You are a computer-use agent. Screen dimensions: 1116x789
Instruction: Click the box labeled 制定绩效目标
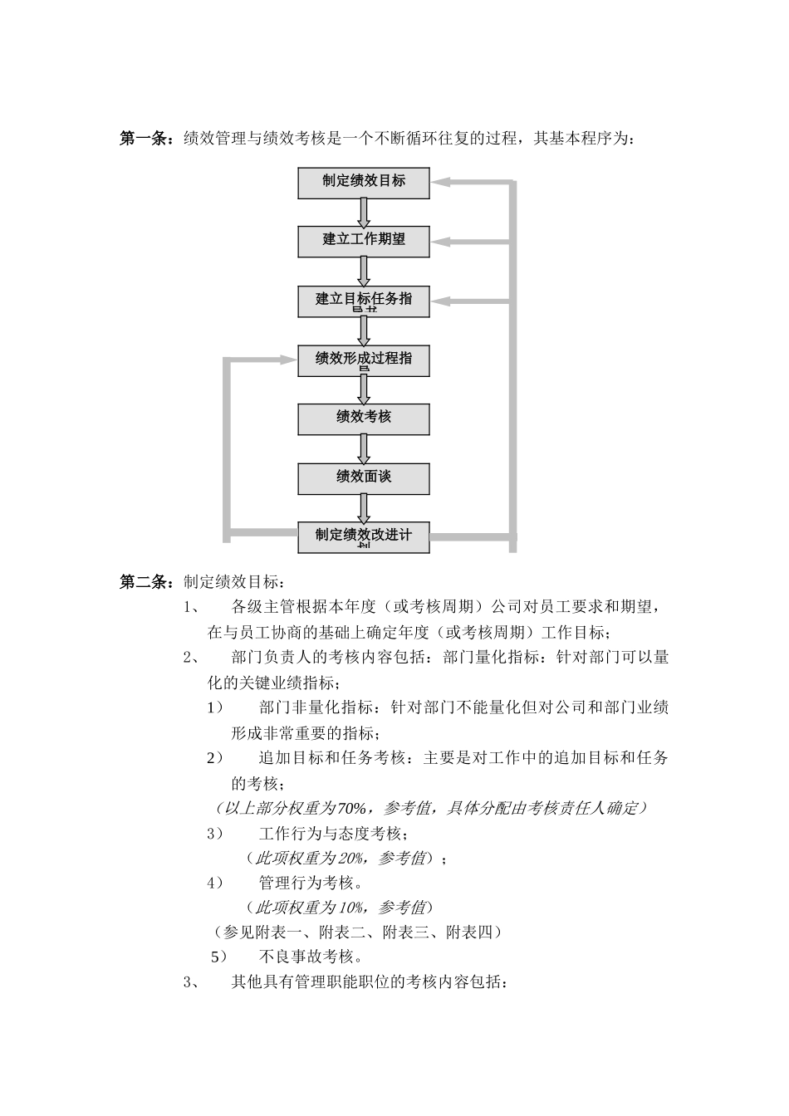click(x=364, y=183)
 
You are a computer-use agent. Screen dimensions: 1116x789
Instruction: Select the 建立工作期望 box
click(x=364, y=241)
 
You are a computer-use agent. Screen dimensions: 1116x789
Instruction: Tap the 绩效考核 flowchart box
click(x=364, y=418)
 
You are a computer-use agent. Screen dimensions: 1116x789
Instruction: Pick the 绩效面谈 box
click(x=364, y=478)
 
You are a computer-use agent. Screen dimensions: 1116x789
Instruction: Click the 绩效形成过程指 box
click(x=364, y=360)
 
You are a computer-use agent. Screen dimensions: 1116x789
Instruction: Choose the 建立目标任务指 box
click(x=364, y=301)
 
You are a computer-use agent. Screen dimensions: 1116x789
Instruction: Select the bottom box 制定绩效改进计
click(x=364, y=536)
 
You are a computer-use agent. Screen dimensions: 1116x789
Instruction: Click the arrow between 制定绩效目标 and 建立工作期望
click(x=364, y=213)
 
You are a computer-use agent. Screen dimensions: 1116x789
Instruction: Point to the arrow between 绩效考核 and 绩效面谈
click(x=364, y=449)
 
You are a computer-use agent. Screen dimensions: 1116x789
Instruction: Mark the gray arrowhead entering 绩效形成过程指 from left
click(x=287, y=360)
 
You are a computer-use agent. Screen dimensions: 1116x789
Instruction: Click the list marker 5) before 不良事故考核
click(x=218, y=957)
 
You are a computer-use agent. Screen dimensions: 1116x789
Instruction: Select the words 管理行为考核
click(x=306, y=882)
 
